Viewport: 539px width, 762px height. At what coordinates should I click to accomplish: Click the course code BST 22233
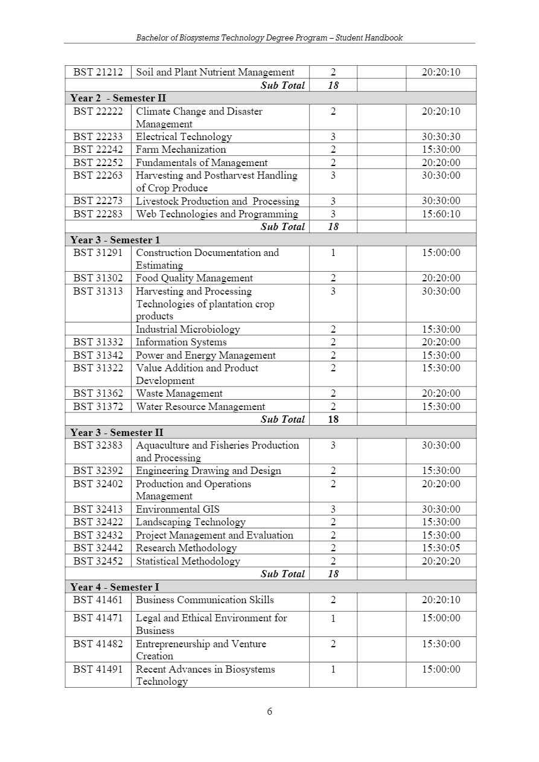tap(98, 137)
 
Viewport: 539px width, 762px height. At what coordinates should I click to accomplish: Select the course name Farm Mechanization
tap(180, 150)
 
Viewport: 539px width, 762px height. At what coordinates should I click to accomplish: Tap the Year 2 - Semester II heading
tap(118, 98)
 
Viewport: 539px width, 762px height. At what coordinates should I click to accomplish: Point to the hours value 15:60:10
tap(441, 214)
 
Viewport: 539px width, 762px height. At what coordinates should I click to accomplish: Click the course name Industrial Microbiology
tap(188, 330)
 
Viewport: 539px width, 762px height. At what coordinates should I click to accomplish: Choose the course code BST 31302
tap(98, 278)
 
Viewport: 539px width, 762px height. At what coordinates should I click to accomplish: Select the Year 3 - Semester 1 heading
tap(115, 240)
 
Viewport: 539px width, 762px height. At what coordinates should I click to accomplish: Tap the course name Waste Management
tap(179, 394)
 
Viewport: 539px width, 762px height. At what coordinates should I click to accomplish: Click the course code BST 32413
tap(98, 510)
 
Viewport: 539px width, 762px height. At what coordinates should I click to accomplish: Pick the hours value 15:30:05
tap(441, 548)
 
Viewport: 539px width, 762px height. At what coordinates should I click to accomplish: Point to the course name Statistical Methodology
tap(188, 562)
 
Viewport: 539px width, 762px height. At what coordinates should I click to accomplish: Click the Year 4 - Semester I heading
tap(115, 588)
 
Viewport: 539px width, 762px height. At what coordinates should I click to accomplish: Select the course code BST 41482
tap(98, 644)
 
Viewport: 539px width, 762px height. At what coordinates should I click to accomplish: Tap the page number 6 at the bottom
tap(270, 711)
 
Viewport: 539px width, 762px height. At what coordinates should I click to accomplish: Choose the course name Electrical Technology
tap(183, 137)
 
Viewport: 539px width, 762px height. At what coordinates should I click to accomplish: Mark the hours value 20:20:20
tap(441, 562)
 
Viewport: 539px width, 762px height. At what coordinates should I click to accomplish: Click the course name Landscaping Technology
tap(190, 522)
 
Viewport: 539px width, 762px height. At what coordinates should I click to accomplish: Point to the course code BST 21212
tap(98, 72)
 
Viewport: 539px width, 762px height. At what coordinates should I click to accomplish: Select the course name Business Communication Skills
tap(205, 600)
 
